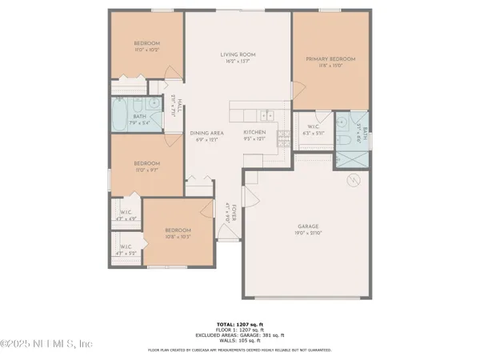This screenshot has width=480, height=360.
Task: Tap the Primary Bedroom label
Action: pos(331,59)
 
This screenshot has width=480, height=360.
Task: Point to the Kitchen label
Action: pos(254,132)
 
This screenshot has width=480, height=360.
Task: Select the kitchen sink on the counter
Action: pos(265,113)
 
